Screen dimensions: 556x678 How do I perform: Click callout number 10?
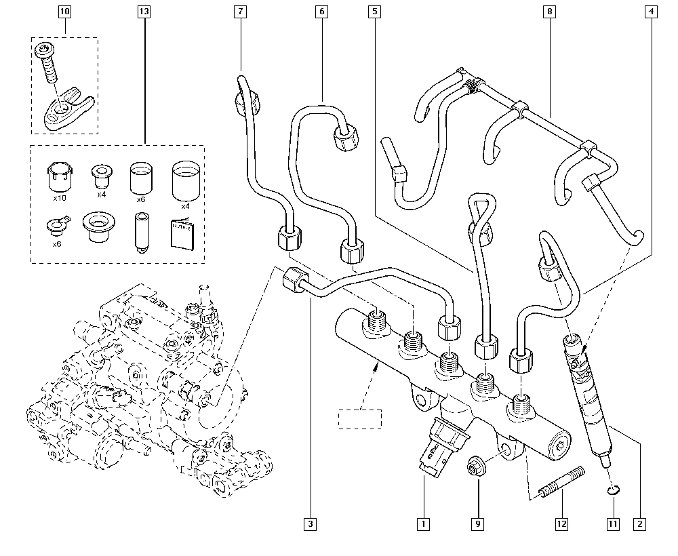coord(64,12)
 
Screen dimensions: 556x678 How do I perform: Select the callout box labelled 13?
coord(143,12)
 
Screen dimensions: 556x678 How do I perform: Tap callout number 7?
coord(241,12)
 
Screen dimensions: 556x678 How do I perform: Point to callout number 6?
coord(322,12)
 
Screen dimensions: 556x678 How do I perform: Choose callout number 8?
coord(550,12)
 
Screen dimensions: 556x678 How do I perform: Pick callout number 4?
coord(650,12)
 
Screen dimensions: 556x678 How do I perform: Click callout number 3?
coord(311,523)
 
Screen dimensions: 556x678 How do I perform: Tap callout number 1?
coord(423,523)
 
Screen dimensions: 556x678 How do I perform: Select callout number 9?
coord(478,523)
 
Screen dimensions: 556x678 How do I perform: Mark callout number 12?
coord(561,523)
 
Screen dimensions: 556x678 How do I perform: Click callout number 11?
coord(614,523)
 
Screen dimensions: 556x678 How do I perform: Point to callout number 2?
coord(639,523)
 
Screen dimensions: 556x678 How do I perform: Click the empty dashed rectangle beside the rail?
coord(360,419)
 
